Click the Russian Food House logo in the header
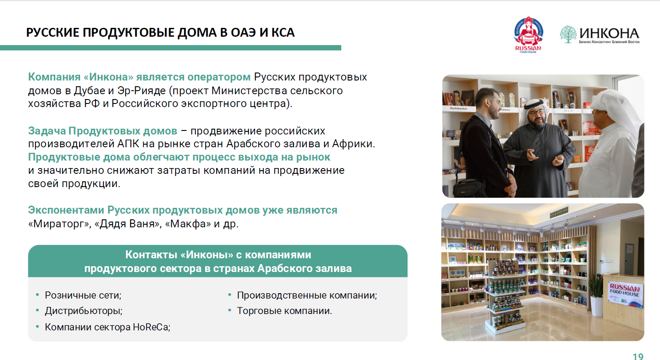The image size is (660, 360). point(528,34)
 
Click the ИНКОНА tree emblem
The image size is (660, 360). point(568,34)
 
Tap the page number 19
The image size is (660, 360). point(637,356)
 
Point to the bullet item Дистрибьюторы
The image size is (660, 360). point(83,311)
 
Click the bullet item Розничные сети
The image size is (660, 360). point(83,295)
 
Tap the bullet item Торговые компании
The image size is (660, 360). point(284,311)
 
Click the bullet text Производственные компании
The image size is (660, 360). point(306,295)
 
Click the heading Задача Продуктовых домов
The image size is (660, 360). point(103,131)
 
